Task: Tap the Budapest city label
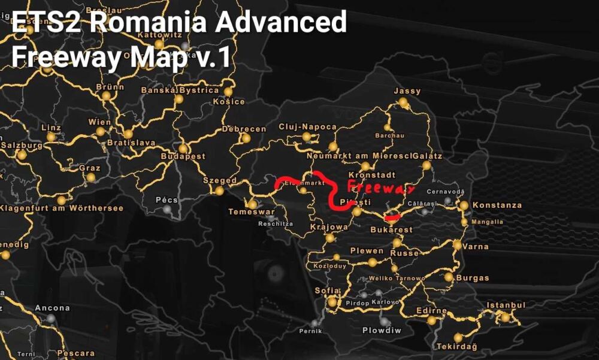[x=183, y=156]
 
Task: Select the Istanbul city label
[x=506, y=305]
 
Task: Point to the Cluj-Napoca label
[x=307, y=127]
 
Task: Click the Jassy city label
[x=407, y=91]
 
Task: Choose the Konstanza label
[x=497, y=205]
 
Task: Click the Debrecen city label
[x=244, y=129]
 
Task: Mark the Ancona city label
[x=52, y=308]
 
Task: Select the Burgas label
[x=473, y=278]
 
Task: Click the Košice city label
[x=229, y=101]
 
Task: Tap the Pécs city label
[x=167, y=199]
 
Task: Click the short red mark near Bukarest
[x=394, y=217]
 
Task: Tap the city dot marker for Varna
[x=458, y=245]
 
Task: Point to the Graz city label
[x=89, y=168]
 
